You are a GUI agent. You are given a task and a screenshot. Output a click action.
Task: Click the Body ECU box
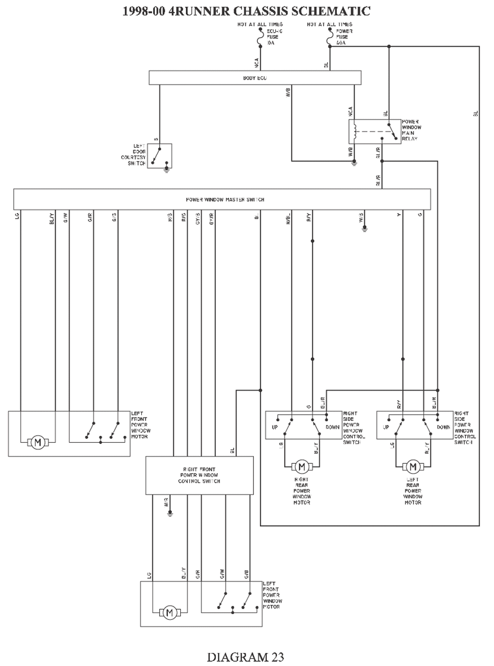pyautogui.click(x=255, y=78)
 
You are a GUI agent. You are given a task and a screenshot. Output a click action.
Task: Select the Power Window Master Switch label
pyautogui.click(x=225, y=200)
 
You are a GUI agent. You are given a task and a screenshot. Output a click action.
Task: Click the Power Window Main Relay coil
pyautogui.click(x=355, y=130)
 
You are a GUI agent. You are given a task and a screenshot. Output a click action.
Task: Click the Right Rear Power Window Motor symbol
pyautogui.click(x=301, y=466)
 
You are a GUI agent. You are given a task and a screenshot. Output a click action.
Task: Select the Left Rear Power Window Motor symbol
pyautogui.click(x=412, y=466)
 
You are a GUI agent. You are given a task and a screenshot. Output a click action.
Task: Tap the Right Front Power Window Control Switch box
pyautogui.click(x=199, y=475)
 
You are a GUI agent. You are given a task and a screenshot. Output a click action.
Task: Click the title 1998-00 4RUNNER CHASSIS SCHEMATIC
pyautogui.click(x=247, y=11)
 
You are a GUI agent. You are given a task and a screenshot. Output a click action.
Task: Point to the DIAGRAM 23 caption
pyautogui.click(x=246, y=657)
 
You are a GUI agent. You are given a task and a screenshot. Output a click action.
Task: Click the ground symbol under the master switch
pyautogui.click(x=365, y=228)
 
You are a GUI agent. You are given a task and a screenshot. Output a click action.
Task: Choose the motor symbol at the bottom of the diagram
pyautogui.click(x=169, y=613)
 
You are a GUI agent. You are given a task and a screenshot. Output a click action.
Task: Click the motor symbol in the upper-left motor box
pyautogui.click(x=37, y=442)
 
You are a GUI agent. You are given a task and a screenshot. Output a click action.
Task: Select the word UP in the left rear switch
pyautogui.click(x=386, y=427)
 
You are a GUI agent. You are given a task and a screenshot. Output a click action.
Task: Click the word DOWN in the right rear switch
pyautogui.click(x=332, y=427)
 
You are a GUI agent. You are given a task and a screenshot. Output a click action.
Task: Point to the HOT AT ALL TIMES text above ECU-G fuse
pyautogui.click(x=260, y=24)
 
